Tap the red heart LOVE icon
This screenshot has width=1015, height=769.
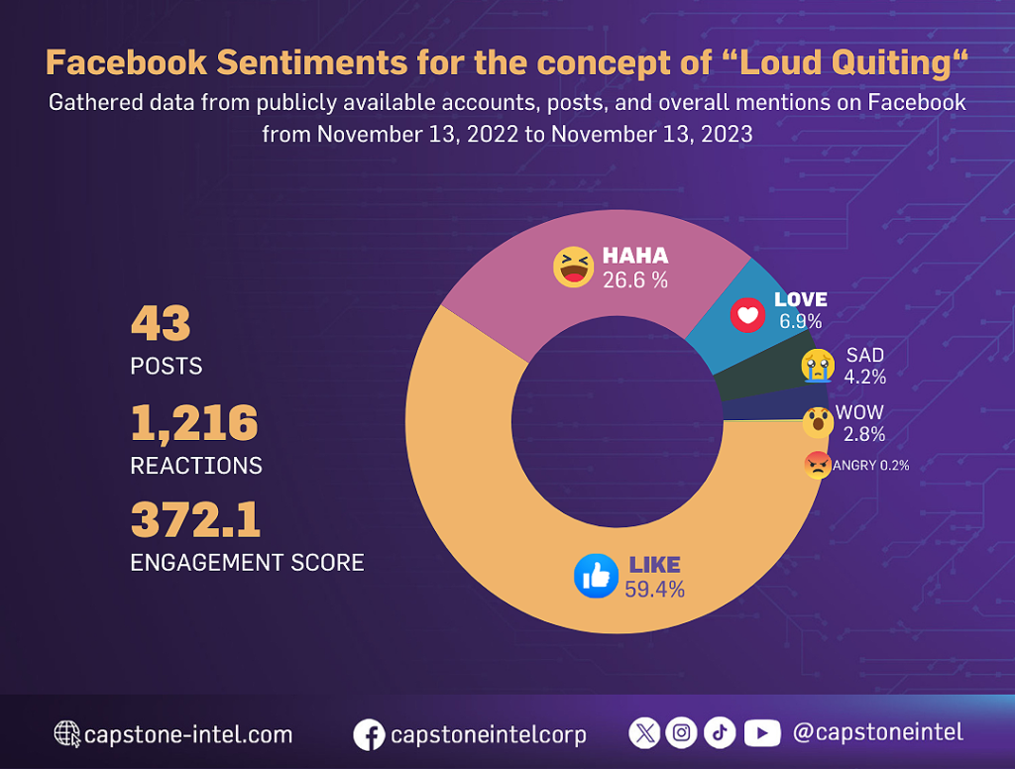pyautogui.click(x=748, y=315)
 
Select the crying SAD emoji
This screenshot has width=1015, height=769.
pyautogui.click(x=818, y=365)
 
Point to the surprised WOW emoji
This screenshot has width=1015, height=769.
pyautogui.click(x=818, y=422)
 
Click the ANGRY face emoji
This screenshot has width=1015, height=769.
pyautogui.click(x=818, y=465)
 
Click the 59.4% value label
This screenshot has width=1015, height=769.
pyautogui.click(x=654, y=590)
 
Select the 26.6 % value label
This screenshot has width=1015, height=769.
pyautogui.click(x=635, y=280)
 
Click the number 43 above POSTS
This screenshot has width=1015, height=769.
pyautogui.click(x=161, y=324)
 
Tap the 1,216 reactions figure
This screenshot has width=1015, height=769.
pyautogui.click(x=194, y=424)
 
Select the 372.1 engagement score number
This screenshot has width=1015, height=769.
pyautogui.click(x=195, y=520)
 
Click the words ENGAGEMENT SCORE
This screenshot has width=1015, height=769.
pyautogui.click(x=247, y=563)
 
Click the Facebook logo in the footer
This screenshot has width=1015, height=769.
pyautogui.click(x=369, y=734)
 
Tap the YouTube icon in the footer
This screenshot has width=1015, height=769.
pyautogui.click(x=761, y=732)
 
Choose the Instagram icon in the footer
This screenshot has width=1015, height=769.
pyautogui.click(x=681, y=732)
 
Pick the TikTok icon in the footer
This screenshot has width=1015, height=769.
pyautogui.click(x=720, y=732)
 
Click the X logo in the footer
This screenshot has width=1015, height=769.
pyautogui.click(x=644, y=732)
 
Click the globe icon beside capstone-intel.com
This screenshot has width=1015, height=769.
pyautogui.click(x=67, y=734)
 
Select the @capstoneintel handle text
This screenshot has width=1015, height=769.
pyautogui.click(x=877, y=732)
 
